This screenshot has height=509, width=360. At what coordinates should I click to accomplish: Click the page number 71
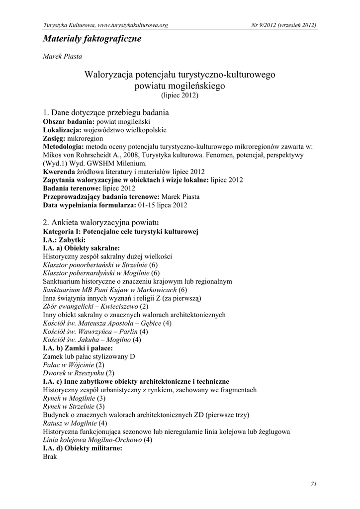(313, 484)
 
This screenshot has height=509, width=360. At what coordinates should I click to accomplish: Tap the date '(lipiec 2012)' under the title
(180, 94)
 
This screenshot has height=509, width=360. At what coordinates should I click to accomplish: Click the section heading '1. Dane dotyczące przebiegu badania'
(106, 112)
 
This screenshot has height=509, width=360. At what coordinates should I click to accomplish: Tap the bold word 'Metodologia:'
(64, 146)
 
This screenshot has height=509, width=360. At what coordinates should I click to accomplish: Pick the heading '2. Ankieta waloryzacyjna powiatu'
(101, 222)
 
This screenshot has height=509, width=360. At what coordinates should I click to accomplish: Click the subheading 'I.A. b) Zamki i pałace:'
(78, 348)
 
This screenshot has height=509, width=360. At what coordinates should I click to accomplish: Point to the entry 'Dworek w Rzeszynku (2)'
(79, 373)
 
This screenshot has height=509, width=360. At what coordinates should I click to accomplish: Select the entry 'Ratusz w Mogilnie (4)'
(75, 423)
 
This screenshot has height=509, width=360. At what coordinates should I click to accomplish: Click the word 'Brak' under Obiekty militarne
(50, 456)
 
